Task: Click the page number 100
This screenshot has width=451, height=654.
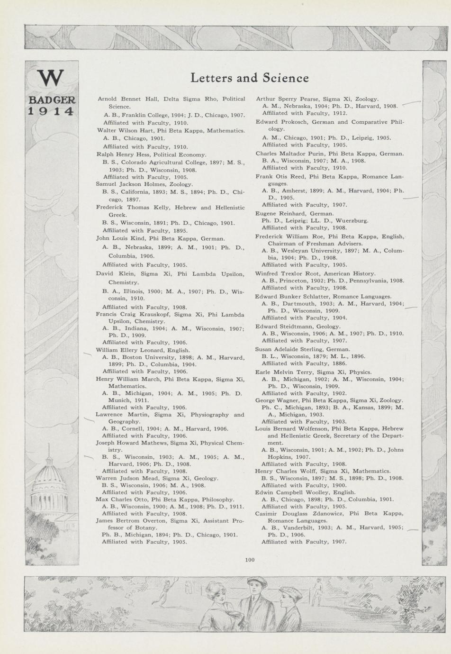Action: tap(250, 560)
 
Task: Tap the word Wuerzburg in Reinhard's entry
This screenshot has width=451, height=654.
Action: tap(352, 220)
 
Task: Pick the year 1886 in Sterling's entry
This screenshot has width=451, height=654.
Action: tap(340, 363)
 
